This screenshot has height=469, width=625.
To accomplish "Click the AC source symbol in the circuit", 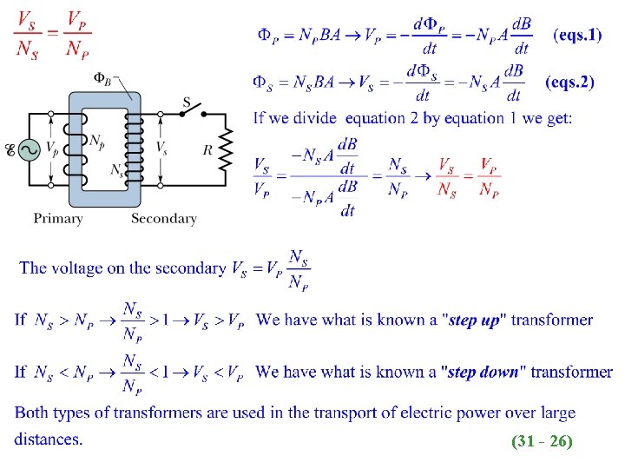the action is click(28, 150).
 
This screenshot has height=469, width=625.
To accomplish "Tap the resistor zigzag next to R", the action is click(227, 149).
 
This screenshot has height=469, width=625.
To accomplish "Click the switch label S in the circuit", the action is click(187, 102).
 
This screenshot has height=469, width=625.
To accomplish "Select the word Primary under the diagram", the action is click(58, 219).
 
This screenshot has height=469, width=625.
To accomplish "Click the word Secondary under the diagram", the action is click(163, 219).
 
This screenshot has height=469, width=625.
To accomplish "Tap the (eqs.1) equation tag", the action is click(577, 36).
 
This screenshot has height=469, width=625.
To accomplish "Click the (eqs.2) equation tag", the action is click(569, 83).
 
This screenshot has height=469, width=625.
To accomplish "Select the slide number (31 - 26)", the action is click(543, 441).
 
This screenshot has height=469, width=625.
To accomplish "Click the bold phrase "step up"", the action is click(475, 320).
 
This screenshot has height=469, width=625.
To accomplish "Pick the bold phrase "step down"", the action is click(480, 373).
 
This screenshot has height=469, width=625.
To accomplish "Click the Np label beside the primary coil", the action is click(97, 140).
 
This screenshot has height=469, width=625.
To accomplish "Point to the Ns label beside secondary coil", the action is click(116, 170).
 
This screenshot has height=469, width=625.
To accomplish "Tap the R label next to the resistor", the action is click(207, 149).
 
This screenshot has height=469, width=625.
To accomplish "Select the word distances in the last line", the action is click(49, 439).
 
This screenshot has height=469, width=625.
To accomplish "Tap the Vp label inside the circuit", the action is click(53, 149).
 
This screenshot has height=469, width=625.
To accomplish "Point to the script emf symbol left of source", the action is click(10, 150).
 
